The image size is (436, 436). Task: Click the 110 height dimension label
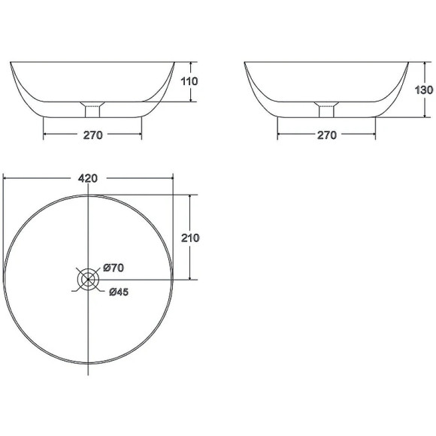pos(189,81)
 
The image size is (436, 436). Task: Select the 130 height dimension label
pos(423,89)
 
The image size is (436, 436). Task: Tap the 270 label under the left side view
pos(93,135)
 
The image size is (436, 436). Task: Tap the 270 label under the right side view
pos(327,135)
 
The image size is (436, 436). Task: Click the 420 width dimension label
pos(88,178)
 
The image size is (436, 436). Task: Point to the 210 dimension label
pos(190,238)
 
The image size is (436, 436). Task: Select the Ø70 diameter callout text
pos(114,268)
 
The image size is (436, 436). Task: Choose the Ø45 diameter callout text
pos(119,292)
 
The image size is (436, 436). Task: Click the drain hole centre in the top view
pos(88,279)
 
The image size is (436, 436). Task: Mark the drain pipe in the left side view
pos(92,111)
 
